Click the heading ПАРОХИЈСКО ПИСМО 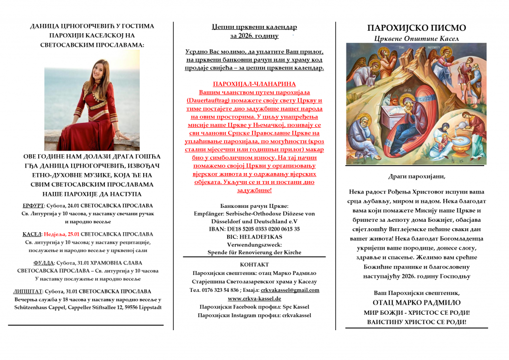pyautogui.click(x=416, y=28)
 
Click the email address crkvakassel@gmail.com pyautogui.click(x=290, y=290)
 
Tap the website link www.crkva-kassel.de pyautogui.click(x=254, y=298)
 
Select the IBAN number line pyautogui.click(x=254, y=229)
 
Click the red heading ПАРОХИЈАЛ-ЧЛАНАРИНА pyautogui.click(x=254, y=85)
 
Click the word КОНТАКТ pyautogui.click(x=254, y=265)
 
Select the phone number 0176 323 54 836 pyautogui.click(x=222, y=290)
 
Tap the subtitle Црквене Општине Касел pyautogui.click(x=416, y=38)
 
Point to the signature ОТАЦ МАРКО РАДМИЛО pyautogui.click(x=417, y=302)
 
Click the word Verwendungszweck pyautogui.click(x=254, y=245)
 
